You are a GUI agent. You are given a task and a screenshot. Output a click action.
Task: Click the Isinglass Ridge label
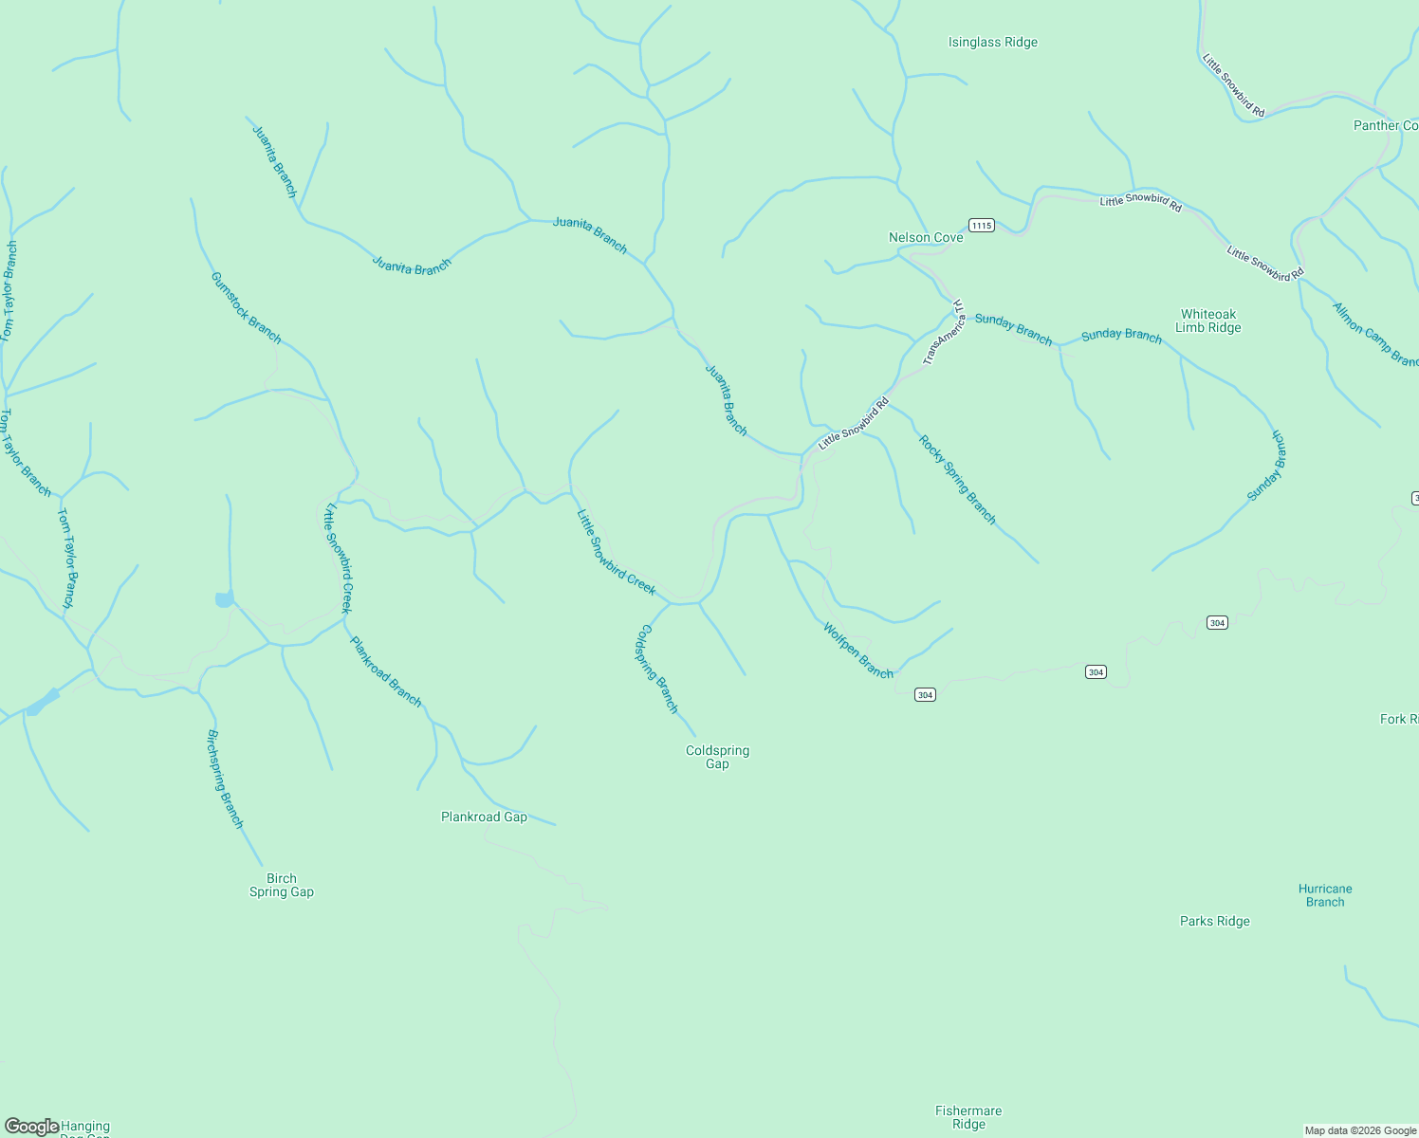tap(992, 43)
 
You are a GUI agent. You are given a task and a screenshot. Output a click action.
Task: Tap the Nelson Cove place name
tap(925, 237)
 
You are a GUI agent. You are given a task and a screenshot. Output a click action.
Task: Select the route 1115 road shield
tap(981, 225)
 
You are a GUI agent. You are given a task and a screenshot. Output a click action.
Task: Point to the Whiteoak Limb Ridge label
tap(1207, 321)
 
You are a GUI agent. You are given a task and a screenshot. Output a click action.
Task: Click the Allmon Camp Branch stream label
tap(1374, 334)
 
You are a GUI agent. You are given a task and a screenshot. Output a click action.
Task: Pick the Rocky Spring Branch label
tap(957, 479)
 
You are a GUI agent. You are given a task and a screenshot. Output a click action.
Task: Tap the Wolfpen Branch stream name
tap(857, 651)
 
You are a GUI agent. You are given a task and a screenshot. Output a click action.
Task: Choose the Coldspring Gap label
tap(717, 757)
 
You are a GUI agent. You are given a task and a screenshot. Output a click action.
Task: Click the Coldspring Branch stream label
tap(657, 668)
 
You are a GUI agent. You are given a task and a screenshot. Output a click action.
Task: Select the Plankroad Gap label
tap(484, 817)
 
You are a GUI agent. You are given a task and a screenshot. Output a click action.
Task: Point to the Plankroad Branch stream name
tap(385, 670)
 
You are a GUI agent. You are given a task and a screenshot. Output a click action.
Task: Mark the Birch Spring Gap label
tap(281, 885)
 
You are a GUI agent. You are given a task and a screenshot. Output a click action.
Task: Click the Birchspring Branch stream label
tap(225, 779)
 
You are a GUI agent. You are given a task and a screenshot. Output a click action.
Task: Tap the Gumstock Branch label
tap(246, 307)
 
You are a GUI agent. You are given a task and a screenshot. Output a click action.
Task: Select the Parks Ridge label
tap(1214, 921)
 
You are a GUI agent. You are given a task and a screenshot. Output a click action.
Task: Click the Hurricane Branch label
tap(1324, 895)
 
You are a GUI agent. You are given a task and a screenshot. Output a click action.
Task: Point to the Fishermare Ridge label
tap(967, 1117)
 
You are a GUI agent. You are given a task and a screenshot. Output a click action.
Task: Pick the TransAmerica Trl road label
tap(945, 333)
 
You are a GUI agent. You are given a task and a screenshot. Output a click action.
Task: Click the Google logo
tap(31, 1127)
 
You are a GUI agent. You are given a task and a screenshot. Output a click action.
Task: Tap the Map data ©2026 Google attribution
tap(1359, 1130)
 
